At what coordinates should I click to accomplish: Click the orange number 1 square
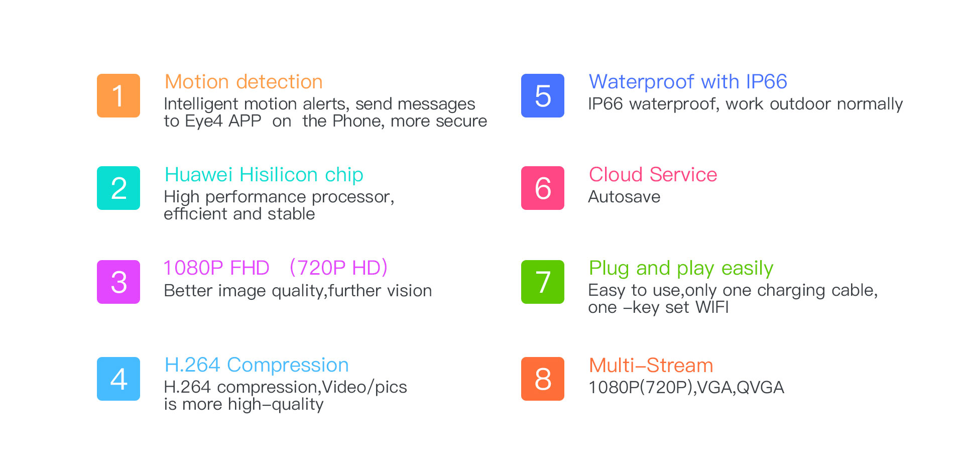pos(118,95)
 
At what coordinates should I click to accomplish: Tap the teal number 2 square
pos(118,188)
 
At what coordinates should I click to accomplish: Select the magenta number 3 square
pos(118,282)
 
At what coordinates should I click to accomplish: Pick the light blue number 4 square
pos(118,379)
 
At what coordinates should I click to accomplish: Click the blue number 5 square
pos(543,95)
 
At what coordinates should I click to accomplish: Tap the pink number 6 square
pos(543,188)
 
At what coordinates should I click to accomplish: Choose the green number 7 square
pos(543,282)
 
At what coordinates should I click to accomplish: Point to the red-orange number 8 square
pos(543,379)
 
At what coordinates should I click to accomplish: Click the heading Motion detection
pos(244,82)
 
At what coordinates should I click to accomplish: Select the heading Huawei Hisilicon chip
pos(264,175)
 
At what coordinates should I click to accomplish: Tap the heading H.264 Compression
pos(257,365)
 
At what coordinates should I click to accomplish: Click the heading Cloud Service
pos(653,175)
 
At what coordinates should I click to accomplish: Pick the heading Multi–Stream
pos(651,366)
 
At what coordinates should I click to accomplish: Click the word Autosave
pos(624,197)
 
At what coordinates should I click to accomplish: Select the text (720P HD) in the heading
pos(338,268)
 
